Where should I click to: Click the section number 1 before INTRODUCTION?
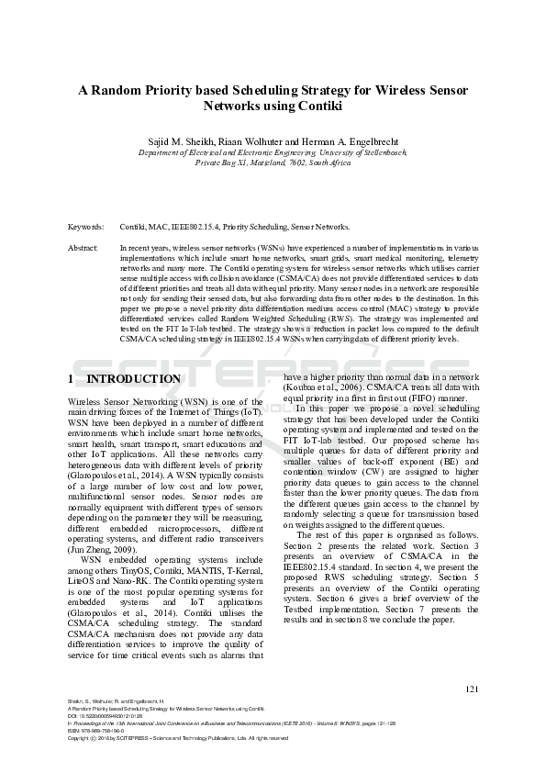click(72, 379)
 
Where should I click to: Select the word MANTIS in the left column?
click(195, 569)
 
